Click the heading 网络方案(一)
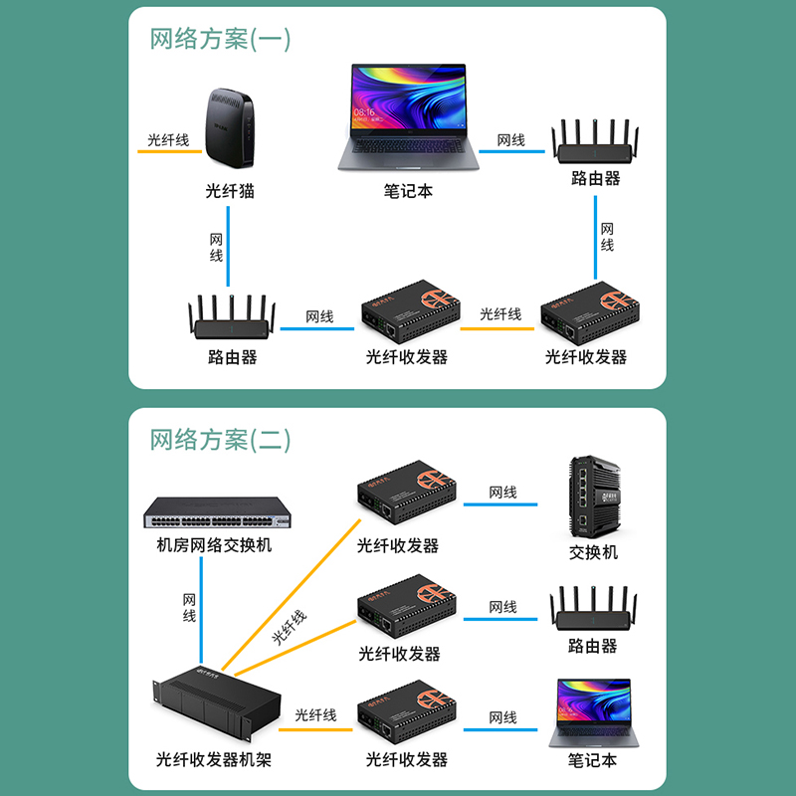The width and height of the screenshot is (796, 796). [x=220, y=39]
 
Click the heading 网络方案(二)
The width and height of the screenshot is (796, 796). [x=220, y=439]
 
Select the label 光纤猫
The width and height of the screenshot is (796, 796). [x=230, y=191]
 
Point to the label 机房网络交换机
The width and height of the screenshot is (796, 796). [x=214, y=545]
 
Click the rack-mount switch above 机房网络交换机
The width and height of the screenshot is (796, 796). [x=220, y=511]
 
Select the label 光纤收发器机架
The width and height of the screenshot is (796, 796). [x=214, y=760]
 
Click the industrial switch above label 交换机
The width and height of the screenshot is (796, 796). [x=594, y=497]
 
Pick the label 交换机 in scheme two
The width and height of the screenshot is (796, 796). [x=593, y=552]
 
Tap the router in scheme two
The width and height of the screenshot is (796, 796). [x=593, y=609]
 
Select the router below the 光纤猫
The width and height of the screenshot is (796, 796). [x=232, y=320]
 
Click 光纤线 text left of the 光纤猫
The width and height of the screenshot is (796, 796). [x=168, y=140]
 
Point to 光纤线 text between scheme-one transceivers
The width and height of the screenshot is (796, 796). [x=500, y=314]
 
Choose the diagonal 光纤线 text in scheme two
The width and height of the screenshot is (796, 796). [x=290, y=628]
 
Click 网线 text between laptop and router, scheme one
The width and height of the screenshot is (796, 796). [x=510, y=140]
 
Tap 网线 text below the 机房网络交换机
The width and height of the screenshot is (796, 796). [x=189, y=608]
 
